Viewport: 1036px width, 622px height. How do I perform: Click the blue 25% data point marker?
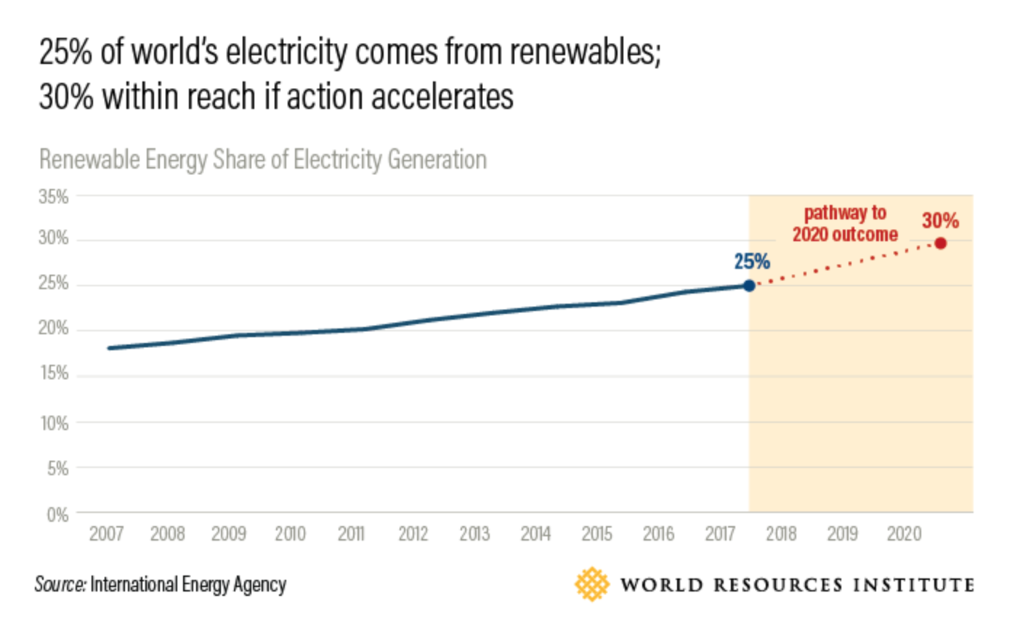coord(749,286)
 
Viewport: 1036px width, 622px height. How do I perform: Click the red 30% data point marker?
coord(940,243)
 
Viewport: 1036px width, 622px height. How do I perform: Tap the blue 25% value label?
coord(752,262)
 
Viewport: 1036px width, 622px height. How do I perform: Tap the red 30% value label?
coord(940,220)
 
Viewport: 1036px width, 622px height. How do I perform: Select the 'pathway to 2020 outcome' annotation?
coord(845,224)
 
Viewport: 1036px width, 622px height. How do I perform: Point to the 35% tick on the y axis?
coord(54,197)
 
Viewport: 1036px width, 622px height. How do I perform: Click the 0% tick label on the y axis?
coord(57,515)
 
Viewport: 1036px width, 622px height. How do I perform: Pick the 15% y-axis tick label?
coord(54,373)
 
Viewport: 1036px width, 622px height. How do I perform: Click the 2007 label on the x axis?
coord(106,534)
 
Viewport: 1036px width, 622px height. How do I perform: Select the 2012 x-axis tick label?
coord(413,534)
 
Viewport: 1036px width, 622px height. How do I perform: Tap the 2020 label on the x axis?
coord(904,534)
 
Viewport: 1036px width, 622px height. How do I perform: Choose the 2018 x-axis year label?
coord(781,534)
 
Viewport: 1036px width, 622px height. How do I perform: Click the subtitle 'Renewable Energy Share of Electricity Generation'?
coord(262,160)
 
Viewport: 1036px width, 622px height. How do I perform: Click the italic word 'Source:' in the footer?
coord(60,584)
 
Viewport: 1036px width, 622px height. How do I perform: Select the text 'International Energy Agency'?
coord(188,584)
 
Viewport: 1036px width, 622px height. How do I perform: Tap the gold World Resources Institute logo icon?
coord(592,584)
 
